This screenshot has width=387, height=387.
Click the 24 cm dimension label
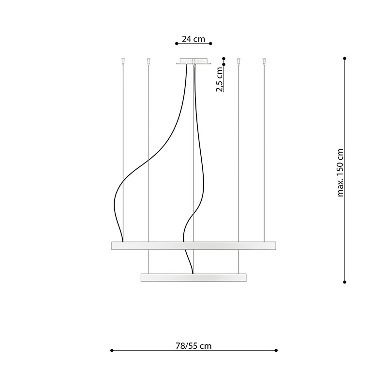(193, 39)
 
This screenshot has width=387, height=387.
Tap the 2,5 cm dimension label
(220, 79)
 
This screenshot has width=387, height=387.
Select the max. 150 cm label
(341, 173)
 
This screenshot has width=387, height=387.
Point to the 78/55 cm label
(193, 346)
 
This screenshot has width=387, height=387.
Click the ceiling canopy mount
(194, 61)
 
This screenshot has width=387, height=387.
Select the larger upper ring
(193, 246)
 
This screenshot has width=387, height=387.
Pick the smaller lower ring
(193, 278)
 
